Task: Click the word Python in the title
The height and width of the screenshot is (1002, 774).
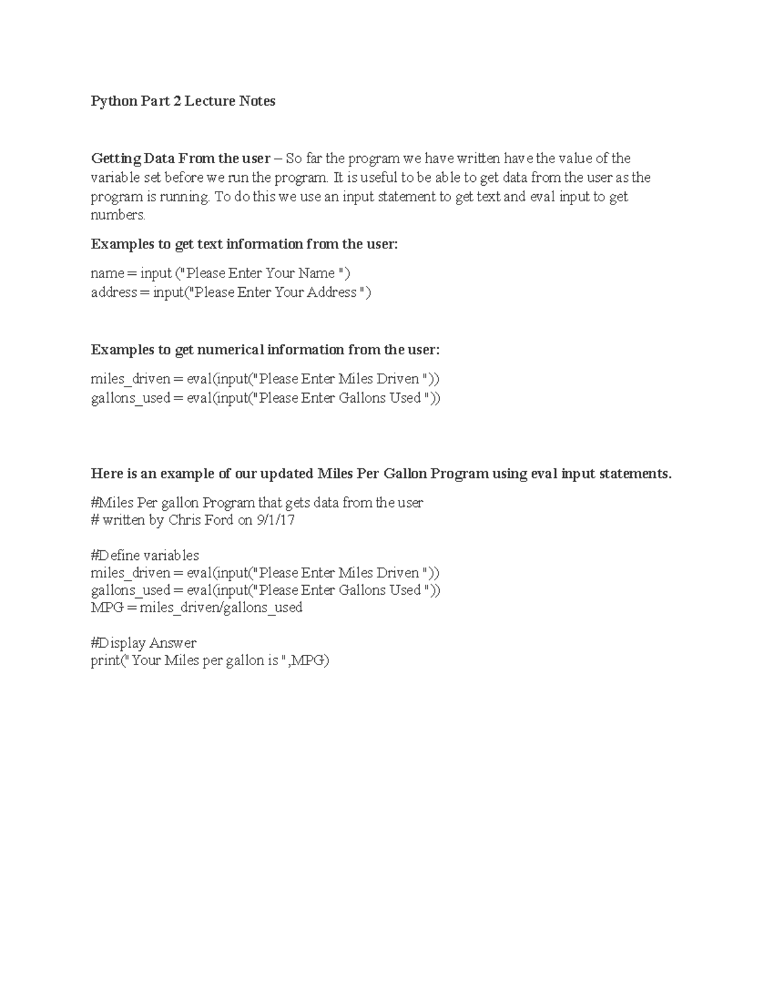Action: point(113,101)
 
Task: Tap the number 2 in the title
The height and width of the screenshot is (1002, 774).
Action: point(176,101)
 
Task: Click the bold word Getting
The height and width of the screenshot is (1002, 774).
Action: point(115,159)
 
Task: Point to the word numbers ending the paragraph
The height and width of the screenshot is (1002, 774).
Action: point(118,215)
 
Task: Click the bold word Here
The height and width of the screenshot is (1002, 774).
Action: point(106,474)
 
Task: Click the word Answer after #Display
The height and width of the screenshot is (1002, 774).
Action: point(173,643)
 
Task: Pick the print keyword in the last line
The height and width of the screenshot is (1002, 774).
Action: point(105,661)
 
